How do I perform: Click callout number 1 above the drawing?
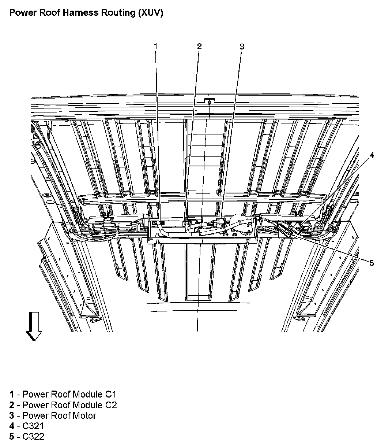click(x=155, y=46)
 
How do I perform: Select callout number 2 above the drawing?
click(x=199, y=46)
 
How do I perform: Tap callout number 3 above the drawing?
click(x=241, y=47)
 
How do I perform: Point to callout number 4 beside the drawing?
click(x=372, y=155)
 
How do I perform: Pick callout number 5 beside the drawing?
click(x=372, y=263)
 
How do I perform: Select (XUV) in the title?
click(x=151, y=13)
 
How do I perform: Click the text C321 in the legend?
click(x=33, y=426)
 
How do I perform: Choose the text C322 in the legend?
click(x=33, y=437)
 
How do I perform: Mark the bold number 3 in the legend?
click(x=12, y=415)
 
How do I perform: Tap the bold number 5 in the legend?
click(x=12, y=437)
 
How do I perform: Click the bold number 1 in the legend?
click(x=12, y=394)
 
